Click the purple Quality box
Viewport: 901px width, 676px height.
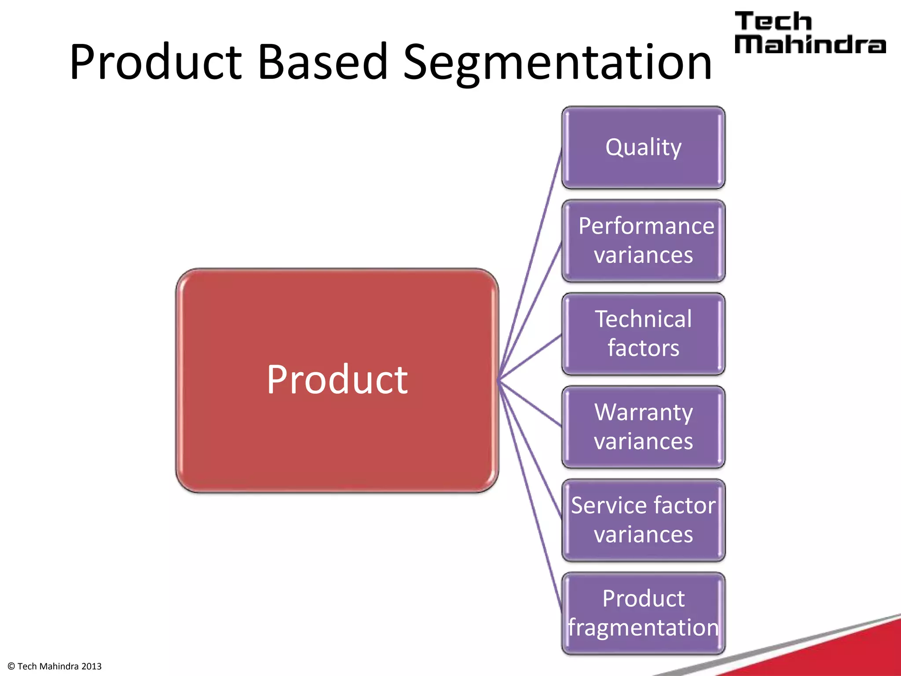coord(643,147)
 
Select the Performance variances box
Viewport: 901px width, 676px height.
coord(643,241)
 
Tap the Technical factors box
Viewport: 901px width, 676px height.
coord(643,334)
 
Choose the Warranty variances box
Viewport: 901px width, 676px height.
coord(643,427)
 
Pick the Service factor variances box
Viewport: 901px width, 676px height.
coord(643,520)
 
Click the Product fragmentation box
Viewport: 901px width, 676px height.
coord(643,613)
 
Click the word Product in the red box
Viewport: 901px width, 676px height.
coord(337,379)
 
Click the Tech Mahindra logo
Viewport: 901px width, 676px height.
coord(809,33)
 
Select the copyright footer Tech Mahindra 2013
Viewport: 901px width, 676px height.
coord(55,666)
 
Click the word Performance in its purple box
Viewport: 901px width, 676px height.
coord(646,226)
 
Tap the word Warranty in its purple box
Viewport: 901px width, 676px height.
coord(643,412)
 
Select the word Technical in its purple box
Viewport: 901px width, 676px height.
coord(643,319)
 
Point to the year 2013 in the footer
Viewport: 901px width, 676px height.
coord(91,666)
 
